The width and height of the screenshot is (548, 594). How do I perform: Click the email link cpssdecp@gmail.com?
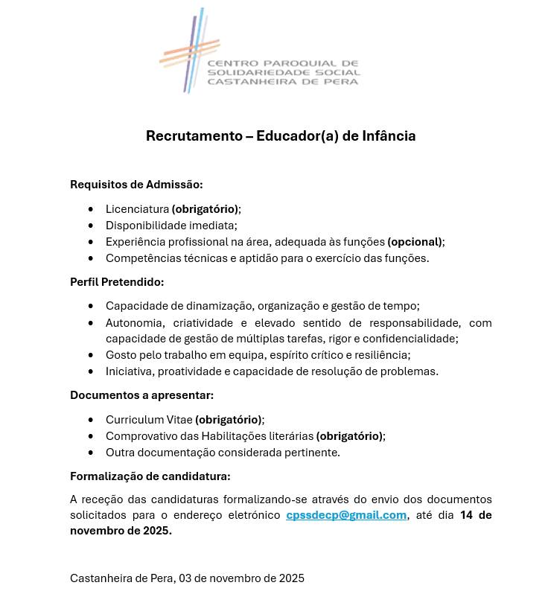(x=346, y=515)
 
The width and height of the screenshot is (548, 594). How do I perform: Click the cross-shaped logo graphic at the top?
(x=191, y=52)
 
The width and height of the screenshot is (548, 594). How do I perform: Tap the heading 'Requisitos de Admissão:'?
(x=136, y=185)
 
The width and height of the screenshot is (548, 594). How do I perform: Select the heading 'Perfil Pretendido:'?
(x=117, y=282)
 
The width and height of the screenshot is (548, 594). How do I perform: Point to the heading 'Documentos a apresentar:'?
(x=141, y=395)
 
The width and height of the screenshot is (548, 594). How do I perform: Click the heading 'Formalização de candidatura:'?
(x=150, y=476)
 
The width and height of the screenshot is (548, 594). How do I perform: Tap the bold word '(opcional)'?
(x=415, y=242)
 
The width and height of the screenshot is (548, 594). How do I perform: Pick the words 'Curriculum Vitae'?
(x=149, y=420)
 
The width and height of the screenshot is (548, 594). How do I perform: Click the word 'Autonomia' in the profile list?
(x=134, y=323)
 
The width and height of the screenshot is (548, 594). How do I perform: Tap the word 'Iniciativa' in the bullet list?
(x=128, y=371)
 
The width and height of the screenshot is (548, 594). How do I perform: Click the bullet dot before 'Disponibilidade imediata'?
(x=91, y=226)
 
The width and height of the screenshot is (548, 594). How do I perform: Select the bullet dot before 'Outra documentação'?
(x=91, y=453)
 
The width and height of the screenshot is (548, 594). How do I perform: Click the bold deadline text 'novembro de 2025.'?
(x=121, y=531)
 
